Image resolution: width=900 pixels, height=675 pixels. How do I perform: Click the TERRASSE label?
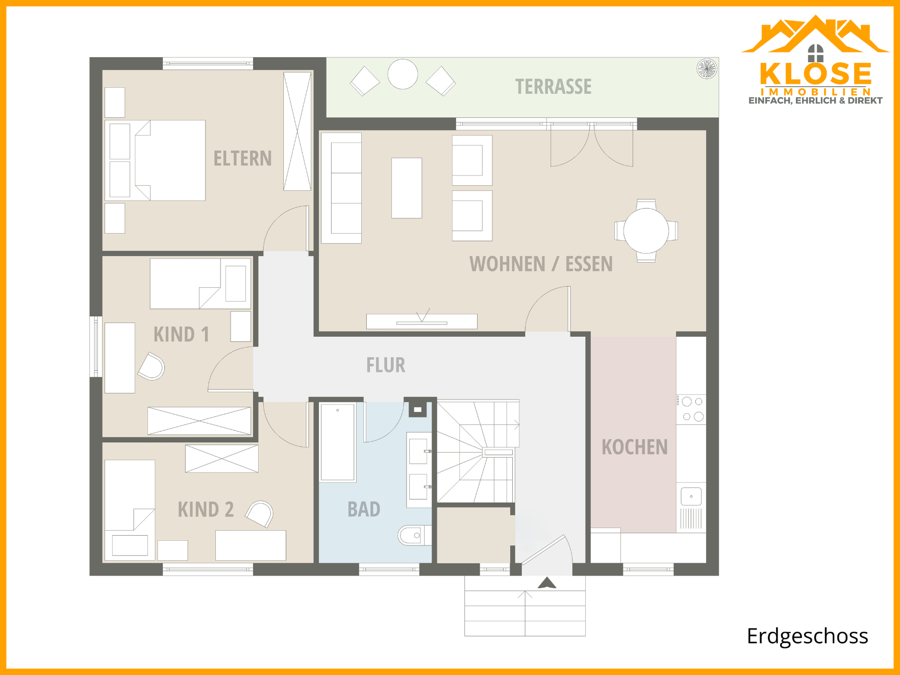554,87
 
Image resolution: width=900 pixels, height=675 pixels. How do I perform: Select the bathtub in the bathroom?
338,442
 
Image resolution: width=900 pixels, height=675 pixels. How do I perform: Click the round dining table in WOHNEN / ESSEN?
646,231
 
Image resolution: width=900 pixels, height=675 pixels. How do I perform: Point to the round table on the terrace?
403,74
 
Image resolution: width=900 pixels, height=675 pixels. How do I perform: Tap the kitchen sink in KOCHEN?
691,496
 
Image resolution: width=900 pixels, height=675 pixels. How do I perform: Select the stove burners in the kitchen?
692,409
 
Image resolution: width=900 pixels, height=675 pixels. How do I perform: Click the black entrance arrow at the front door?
547,583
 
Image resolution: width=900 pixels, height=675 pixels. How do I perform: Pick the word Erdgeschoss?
807,636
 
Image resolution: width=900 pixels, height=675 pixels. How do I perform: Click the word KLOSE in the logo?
815,73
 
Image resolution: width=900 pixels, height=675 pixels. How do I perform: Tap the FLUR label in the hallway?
386,365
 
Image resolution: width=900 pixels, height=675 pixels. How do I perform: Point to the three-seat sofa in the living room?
341,188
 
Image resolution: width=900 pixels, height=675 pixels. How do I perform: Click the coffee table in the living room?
407,188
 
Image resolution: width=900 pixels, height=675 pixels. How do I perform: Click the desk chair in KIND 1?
152,366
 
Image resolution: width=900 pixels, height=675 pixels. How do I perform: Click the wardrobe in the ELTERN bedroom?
297,132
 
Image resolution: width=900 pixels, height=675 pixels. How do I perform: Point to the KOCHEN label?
635,447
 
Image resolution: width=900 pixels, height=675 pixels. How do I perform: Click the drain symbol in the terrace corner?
707,69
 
